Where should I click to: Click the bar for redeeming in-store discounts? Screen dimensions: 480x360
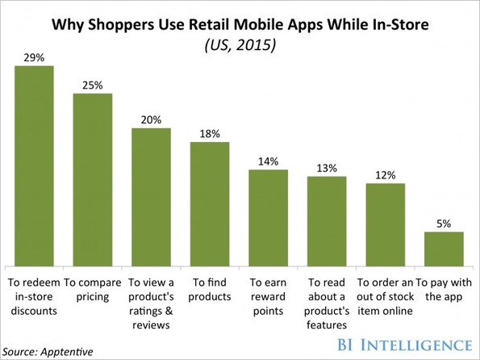pos(34,166)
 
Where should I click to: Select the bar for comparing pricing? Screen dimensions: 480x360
pos(93,180)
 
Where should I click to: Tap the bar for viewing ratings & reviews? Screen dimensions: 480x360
pos(151,197)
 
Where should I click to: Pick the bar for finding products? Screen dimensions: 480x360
pos(210,204)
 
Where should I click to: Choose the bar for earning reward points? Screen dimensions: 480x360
pos(268,218)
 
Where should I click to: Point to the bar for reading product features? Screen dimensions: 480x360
pos(327,221)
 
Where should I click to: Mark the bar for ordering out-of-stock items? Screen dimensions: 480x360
pos(386,225)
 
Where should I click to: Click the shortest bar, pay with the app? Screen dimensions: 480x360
pos(444,249)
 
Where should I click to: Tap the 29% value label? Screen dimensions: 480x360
pos(34,57)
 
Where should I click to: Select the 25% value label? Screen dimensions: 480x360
pos(93,86)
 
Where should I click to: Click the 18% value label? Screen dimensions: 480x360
pos(210,134)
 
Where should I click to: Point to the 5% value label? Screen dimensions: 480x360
pos(444,224)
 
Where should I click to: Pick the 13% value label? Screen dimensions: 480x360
pos(327,168)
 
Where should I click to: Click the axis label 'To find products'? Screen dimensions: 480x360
pos(210,289)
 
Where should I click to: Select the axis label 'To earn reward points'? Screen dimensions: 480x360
pos(268,296)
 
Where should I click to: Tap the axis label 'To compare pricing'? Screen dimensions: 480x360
pos(93,290)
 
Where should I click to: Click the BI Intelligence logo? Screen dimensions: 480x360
pos(404,345)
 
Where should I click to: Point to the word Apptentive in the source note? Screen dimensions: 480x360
pos(66,352)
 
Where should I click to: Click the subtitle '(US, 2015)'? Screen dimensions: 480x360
pos(240,45)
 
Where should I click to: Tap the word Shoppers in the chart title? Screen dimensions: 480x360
pos(121,25)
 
